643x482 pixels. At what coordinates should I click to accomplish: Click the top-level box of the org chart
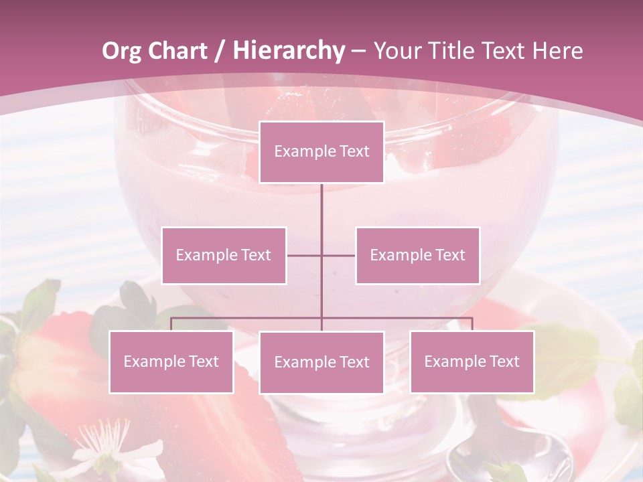[321, 152]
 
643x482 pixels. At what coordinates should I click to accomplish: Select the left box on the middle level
[224, 256]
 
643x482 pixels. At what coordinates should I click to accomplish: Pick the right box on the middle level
[417, 256]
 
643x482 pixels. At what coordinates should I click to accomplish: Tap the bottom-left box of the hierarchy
[171, 362]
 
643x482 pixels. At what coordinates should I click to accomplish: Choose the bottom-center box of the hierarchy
[321, 363]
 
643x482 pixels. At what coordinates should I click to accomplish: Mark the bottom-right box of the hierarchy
[472, 362]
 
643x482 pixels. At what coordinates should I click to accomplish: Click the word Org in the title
[121, 51]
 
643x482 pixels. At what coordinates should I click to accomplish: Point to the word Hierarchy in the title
[288, 51]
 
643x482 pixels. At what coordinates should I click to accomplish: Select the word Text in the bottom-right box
[503, 362]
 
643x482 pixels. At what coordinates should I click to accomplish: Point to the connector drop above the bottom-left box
[171, 324]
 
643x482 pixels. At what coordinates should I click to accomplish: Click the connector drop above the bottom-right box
[472, 324]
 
